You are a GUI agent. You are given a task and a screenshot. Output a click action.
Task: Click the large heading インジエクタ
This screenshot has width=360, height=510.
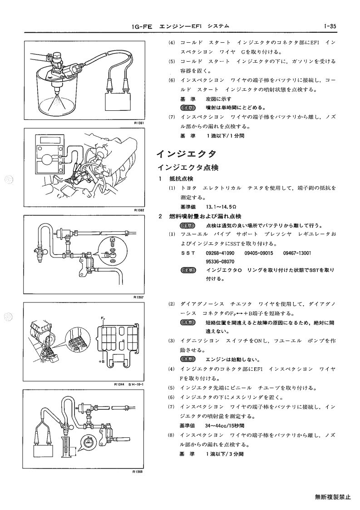[186, 153]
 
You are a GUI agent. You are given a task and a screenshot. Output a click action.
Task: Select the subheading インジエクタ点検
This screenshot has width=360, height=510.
[188, 168]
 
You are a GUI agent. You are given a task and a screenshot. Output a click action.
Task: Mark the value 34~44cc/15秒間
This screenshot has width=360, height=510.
[225, 426]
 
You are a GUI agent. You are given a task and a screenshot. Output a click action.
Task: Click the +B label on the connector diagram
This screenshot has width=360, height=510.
[101, 361]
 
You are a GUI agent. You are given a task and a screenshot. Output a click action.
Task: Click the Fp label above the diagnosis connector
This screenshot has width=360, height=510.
[103, 318]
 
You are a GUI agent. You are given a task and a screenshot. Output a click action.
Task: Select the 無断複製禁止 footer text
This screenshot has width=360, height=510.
[333, 497]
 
